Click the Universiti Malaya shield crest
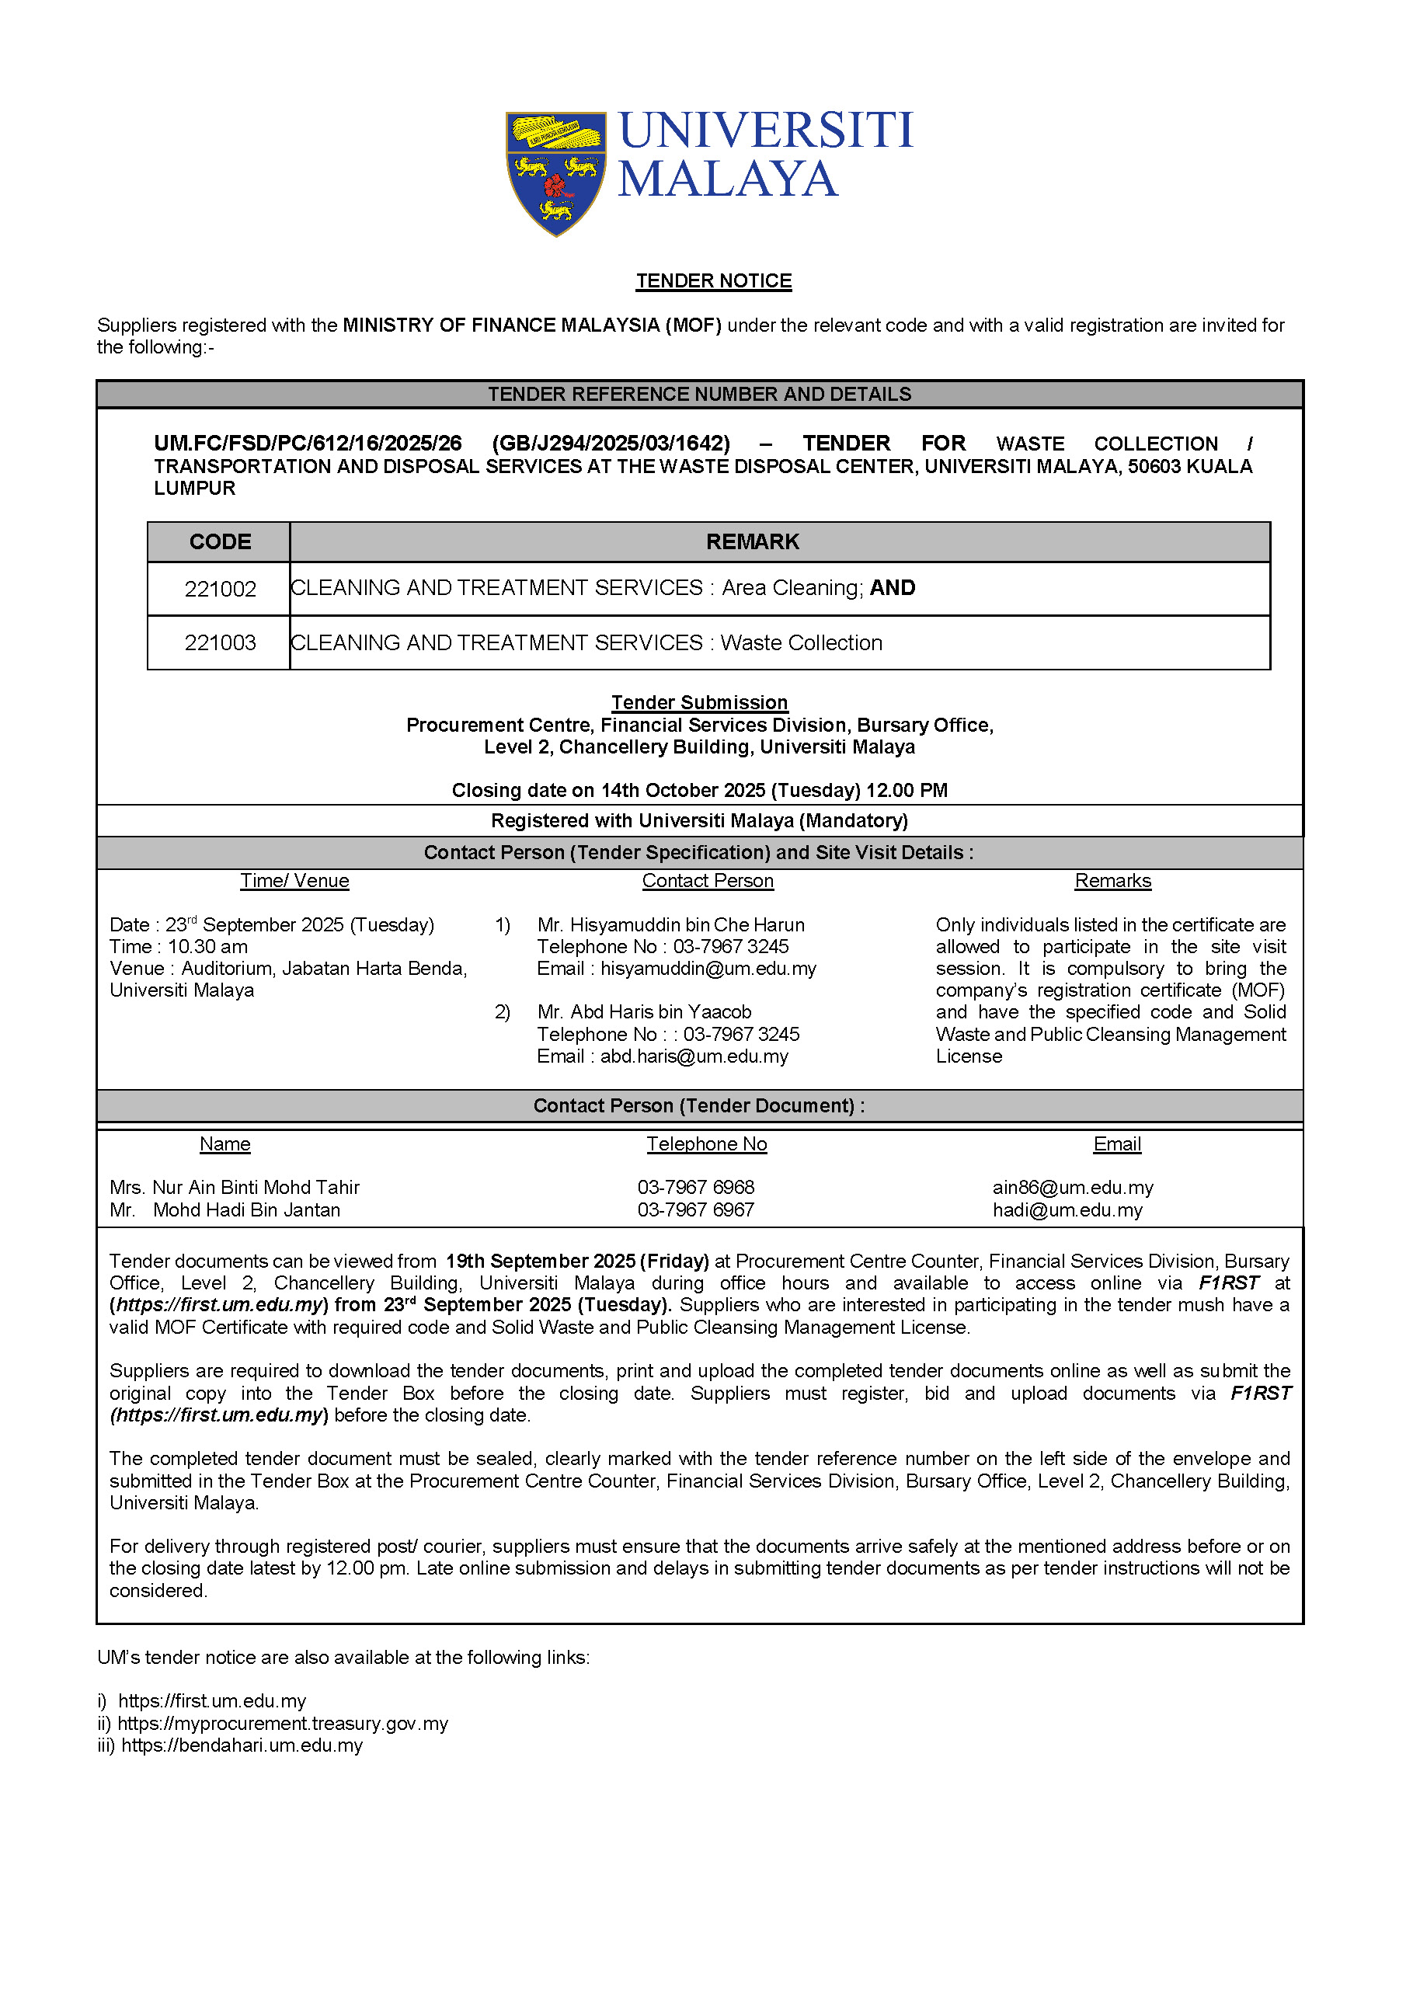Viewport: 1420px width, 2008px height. [x=555, y=172]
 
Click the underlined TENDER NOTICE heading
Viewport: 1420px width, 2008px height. [x=714, y=280]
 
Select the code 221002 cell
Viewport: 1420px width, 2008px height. [x=220, y=589]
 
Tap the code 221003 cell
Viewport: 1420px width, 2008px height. [x=220, y=643]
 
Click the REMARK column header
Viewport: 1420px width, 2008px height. [x=752, y=542]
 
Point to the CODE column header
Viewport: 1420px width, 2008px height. [x=220, y=542]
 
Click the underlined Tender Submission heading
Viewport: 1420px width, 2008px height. [x=699, y=702]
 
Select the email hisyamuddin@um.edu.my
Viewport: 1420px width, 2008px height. [x=708, y=968]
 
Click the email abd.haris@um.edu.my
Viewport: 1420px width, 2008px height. [x=694, y=1056]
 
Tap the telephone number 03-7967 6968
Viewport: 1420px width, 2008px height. [x=695, y=1188]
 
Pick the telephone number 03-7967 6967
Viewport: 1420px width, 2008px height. [x=695, y=1210]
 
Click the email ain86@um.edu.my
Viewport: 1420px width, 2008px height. [x=1072, y=1188]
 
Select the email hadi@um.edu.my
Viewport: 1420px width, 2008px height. [x=1067, y=1210]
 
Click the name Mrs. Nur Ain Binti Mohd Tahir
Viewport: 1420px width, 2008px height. [x=235, y=1188]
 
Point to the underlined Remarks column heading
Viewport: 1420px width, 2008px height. [x=1112, y=881]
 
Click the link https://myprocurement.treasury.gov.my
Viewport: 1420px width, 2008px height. [x=283, y=1724]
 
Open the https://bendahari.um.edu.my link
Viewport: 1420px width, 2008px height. [x=242, y=1745]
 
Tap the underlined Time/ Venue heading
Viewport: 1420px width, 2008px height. [x=294, y=881]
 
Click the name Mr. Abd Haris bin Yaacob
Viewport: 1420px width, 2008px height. [x=645, y=1012]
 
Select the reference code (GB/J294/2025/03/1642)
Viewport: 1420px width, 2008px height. [x=611, y=444]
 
